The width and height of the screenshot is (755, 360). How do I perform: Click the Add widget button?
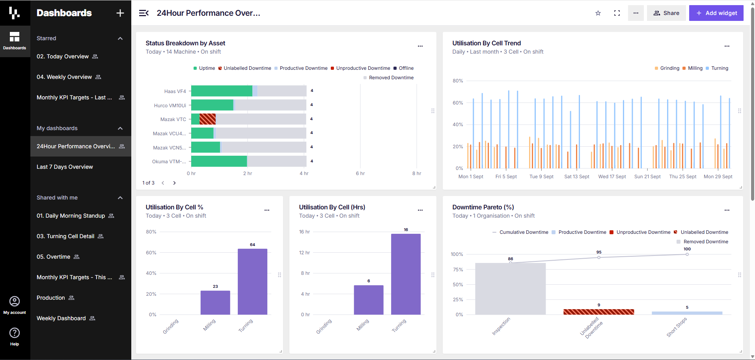point(716,13)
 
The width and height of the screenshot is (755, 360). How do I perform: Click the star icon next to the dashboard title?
point(598,13)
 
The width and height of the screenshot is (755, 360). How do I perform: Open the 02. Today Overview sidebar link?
point(63,56)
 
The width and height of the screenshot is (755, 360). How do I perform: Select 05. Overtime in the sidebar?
point(54,257)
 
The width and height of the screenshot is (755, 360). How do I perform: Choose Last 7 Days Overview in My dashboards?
point(65,167)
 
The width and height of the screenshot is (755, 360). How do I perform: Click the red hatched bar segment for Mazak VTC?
point(207,119)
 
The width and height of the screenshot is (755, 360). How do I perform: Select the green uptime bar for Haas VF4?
point(222,91)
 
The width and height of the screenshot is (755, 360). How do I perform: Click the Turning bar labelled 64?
point(252,282)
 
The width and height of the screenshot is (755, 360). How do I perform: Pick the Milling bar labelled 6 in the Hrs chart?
point(369,300)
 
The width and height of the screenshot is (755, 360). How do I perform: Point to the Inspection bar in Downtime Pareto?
point(510,289)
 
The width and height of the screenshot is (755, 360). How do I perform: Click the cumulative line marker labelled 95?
point(599,257)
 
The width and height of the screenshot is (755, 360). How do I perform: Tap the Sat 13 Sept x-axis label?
point(577,177)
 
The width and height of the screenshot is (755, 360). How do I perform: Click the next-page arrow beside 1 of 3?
point(174,183)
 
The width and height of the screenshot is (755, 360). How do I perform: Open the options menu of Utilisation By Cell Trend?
point(727,46)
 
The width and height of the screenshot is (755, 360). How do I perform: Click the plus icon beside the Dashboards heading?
point(120,13)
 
